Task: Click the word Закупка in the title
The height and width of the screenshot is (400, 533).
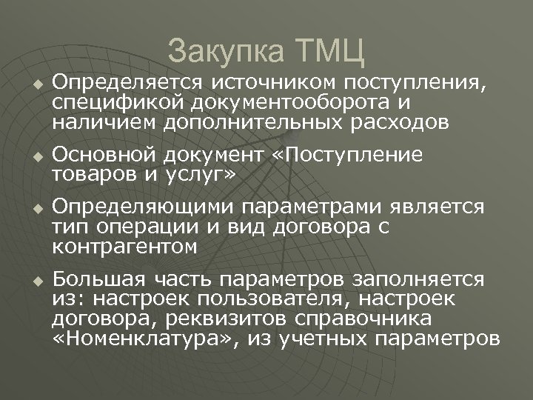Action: coord(223,52)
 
